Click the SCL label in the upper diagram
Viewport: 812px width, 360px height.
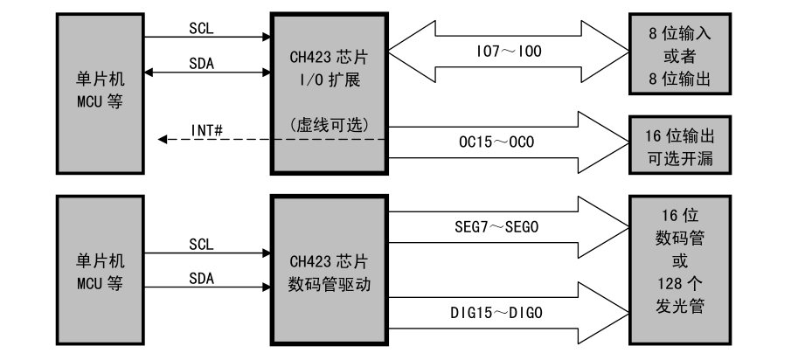point(201,28)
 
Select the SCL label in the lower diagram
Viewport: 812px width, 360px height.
point(201,245)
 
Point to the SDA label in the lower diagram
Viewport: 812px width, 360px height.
point(201,278)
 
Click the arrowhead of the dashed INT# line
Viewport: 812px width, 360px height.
point(163,138)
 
